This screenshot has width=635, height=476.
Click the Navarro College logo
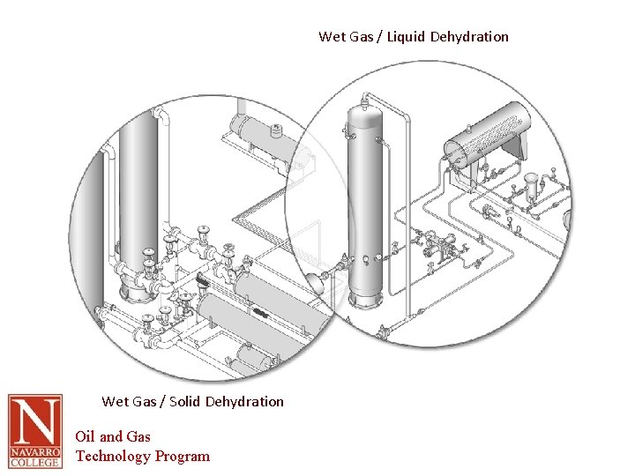click(35, 431)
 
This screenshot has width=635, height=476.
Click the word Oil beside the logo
click(85, 436)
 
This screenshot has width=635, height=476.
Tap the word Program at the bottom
click(183, 456)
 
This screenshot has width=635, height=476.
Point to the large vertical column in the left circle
click(138, 185)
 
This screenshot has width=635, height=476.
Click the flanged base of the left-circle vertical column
click(137, 287)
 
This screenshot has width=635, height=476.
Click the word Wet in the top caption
click(332, 37)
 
